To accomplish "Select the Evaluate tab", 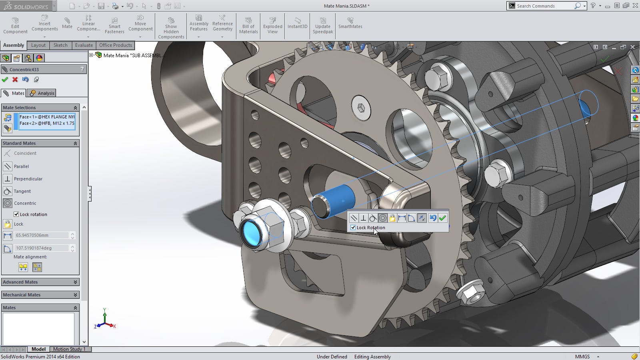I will (84, 45).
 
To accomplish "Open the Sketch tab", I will (60, 45).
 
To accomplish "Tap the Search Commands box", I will (544, 6).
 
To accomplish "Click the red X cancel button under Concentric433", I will (15, 80).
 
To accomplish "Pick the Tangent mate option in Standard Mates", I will (22, 191).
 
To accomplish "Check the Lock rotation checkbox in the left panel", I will (16, 214).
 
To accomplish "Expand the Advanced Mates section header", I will (40, 282).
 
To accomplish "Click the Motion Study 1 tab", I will (69, 349).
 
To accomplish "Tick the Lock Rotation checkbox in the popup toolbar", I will (353, 228).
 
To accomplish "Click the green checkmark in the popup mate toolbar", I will (442, 218).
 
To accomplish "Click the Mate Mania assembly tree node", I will (132, 55).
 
